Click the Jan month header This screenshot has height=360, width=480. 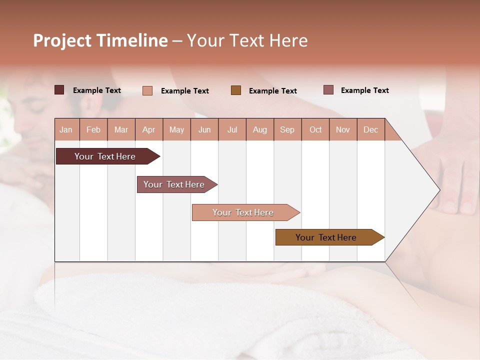(66, 129)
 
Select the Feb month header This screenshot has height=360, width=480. (93, 129)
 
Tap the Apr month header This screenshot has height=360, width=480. (148, 129)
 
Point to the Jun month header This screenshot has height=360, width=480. (204, 129)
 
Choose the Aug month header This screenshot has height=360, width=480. (259, 129)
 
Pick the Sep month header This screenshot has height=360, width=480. (287, 129)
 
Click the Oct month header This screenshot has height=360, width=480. (315, 129)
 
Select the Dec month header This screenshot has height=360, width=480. (370, 129)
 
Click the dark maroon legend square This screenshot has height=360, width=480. (59, 90)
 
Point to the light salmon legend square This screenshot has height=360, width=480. (147, 90)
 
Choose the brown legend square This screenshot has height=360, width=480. (236, 90)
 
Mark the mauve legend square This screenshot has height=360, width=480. (328, 90)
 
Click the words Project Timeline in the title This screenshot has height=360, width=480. (100, 40)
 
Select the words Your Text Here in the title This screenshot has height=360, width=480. (247, 40)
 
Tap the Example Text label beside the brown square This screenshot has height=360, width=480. (272, 90)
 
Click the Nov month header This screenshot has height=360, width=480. (343, 129)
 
